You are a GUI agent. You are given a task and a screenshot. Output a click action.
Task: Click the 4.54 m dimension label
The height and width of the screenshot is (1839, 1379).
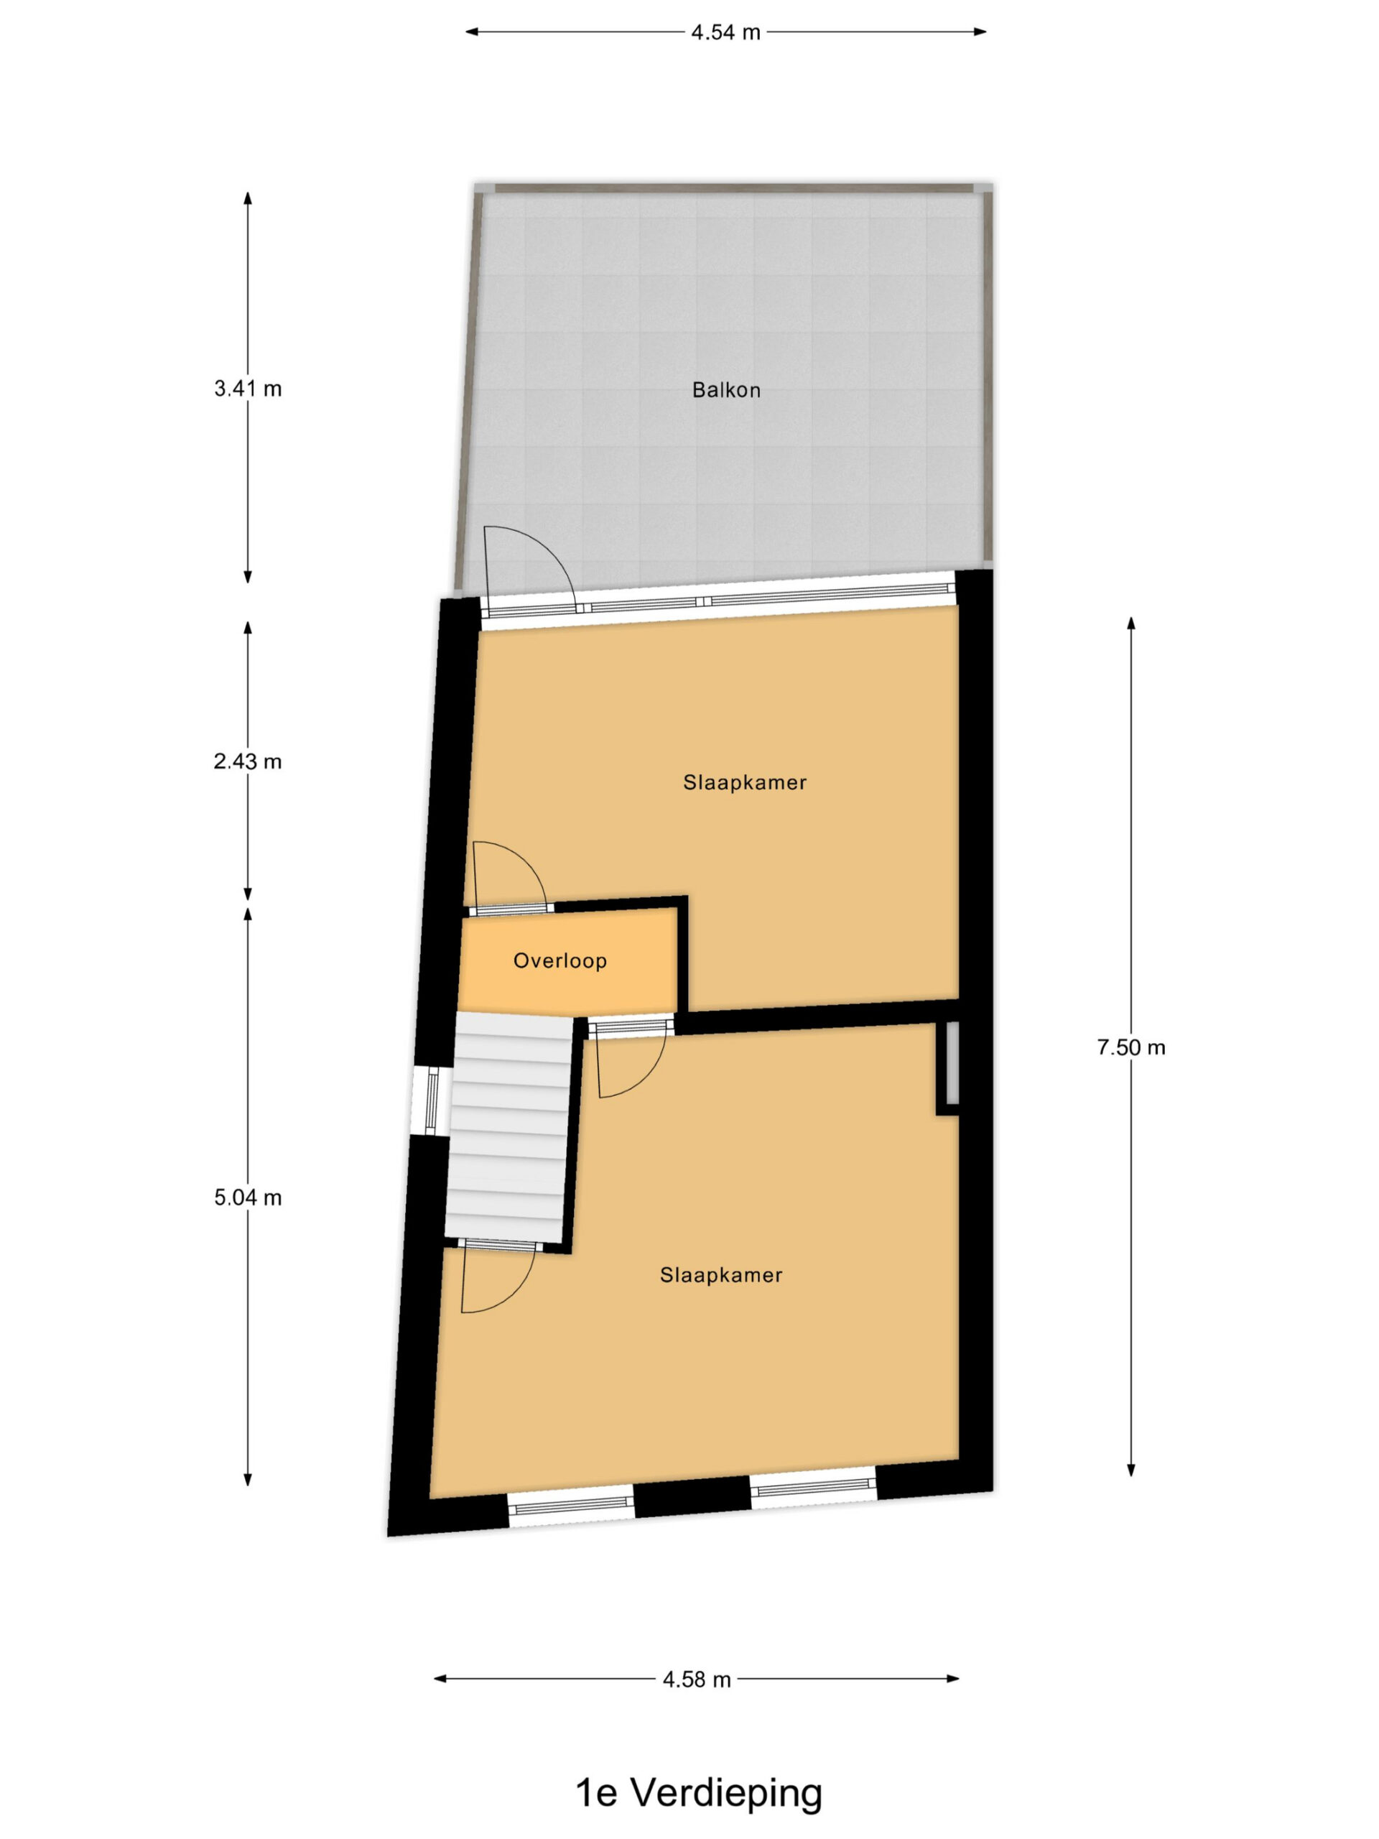pyautogui.click(x=725, y=32)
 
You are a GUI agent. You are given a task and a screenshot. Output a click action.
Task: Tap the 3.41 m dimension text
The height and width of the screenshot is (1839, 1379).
pyautogui.click(x=248, y=388)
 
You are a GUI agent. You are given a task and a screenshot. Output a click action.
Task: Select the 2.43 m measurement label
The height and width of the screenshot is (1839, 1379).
pyautogui.click(x=248, y=761)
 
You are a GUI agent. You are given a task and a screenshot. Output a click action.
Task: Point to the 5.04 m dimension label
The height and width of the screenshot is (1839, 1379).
pyautogui.click(x=248, y=1198)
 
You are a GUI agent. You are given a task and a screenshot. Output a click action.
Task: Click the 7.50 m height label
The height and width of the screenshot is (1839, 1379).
pyautogui.click(x=1130, y=1047)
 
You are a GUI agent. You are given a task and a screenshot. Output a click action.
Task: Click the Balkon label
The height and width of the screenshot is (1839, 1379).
pyautogui.click(x=725, y=390)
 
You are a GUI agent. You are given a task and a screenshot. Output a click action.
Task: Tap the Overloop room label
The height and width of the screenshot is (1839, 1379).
pyautogui.click(x=560, y=961)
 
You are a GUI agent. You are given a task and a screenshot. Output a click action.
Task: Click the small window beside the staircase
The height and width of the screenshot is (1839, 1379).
pyautogui.click(x=432, y=1101)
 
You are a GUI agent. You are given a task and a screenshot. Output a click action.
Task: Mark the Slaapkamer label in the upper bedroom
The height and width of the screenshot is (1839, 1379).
pyautogui.click(x=745, y=782)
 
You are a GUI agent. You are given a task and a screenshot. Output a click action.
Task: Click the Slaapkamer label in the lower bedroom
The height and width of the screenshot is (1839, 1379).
pyautogui.click(x=720, y=1275)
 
